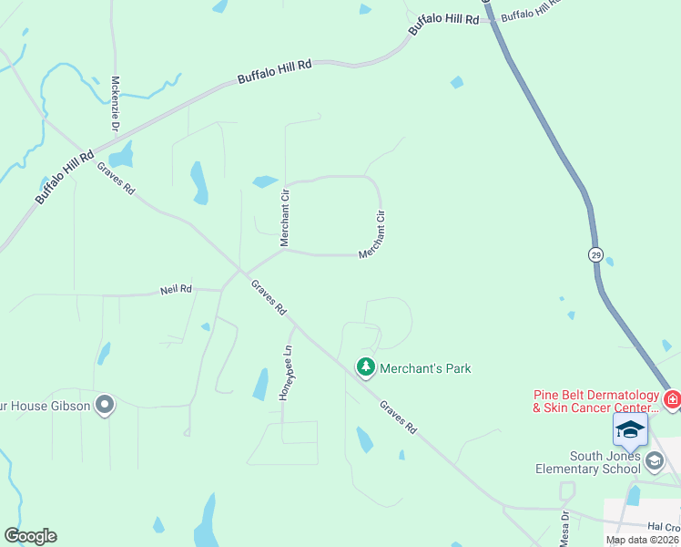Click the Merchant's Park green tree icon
366,367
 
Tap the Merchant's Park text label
425,368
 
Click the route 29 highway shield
595,253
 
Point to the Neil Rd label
176,289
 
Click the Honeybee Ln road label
288,373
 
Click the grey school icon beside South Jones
654,461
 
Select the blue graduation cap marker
630,429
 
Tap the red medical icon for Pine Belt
672,398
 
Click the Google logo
30,536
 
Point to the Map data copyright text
643,540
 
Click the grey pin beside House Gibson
106,404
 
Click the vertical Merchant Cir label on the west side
285,218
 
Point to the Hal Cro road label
664,527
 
